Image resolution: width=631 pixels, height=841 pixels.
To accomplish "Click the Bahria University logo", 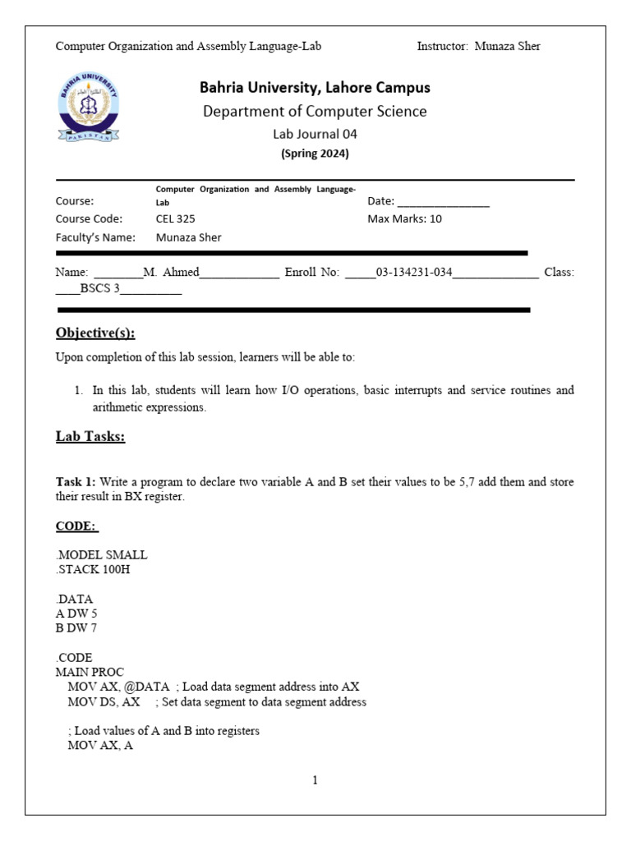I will (x=89, y=108).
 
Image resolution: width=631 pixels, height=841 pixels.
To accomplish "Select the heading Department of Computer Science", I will (x=315, y=112).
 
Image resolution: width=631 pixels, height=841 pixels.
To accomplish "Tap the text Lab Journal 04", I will (x=315, y=134).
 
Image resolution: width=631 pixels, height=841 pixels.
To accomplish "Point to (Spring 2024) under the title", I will (x=315, y=154).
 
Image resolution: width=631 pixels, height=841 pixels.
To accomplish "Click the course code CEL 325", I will (x=176, y=219).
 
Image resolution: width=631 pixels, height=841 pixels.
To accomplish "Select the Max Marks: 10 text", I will (x=404, y=219).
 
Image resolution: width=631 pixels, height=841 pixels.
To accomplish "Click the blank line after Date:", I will (x=443, y=201).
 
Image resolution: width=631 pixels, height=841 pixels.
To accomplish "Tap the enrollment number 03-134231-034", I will (x=414, y=273).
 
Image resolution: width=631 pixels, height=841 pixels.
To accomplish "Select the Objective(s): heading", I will (x=95, y=333).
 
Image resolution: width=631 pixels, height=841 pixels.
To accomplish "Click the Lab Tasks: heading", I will (x=90, y=437).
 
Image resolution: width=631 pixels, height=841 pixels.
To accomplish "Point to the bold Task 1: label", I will (x=76, y=482).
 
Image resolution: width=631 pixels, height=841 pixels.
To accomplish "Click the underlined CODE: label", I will (x=76, y=526).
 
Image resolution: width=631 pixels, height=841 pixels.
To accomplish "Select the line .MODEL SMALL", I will (x=101, y=555).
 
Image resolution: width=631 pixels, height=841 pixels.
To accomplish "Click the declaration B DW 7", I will (x=76, y=628).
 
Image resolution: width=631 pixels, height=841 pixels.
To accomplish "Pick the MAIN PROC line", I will (x=90, y=672).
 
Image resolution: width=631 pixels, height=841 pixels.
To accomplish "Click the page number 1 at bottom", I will (x=315, y=780).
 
